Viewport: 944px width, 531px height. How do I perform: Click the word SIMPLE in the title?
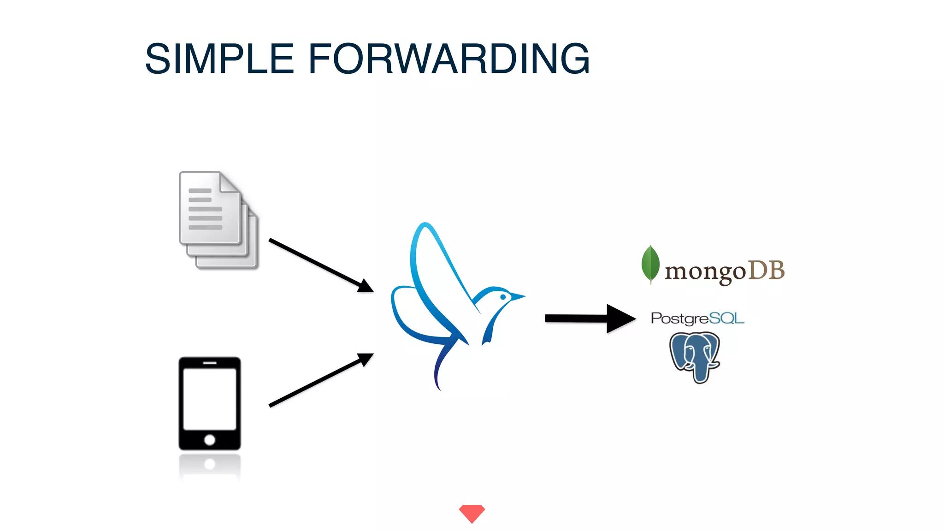click(x=219, y=59)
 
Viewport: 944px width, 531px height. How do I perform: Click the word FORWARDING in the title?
click(x=448, y=59)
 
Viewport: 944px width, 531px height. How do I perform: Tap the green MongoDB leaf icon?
click(x=650, y=264)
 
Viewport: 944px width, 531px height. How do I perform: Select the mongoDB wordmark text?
click(x=724, y=271)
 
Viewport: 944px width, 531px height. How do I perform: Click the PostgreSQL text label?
click(x=697, y=318)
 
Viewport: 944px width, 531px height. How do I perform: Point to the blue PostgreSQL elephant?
click(x=695, y=356)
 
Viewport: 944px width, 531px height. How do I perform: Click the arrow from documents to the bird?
click(x=321, y=265)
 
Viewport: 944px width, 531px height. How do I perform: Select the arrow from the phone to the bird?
click(x=321, y=380)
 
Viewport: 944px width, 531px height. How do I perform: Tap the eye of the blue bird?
click(x=503, y=297)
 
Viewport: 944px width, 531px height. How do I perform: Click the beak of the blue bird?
click(x=518, y=296)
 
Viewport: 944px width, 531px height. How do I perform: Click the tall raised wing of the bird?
click(x=433, y=258)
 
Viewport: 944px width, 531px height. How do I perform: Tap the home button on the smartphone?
click(x=210, y=439)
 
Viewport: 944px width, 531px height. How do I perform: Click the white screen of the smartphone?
click(x=210, y=399)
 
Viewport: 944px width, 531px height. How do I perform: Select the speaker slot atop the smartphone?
click(x=210, y=363)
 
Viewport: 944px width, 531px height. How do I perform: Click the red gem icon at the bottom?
click(x=472, y=513)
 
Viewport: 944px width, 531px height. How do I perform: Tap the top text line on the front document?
click(x=200, y=190)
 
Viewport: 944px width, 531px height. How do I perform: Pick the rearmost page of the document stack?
click(x=251, y=263)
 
